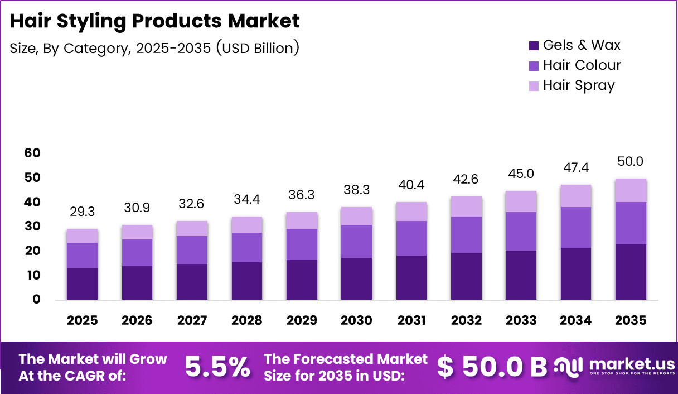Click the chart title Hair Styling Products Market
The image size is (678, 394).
[154, 21]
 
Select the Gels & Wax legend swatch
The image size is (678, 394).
[534, 45]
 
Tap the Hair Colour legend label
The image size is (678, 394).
[582, 65]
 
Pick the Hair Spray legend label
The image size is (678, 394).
[579, 85]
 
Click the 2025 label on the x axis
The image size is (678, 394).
[82, 320]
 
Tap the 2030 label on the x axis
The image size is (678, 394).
[357, 320]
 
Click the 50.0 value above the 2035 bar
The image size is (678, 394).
[631, 162]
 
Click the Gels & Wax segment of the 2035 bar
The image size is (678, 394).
[631, 272]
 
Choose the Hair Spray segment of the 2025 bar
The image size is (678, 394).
[82, 236]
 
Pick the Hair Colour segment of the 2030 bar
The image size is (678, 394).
[357, 241]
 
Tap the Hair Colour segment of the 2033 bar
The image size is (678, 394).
[521, 231]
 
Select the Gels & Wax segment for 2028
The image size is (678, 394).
[247, 281]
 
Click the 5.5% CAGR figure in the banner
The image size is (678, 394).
[217, 367]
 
